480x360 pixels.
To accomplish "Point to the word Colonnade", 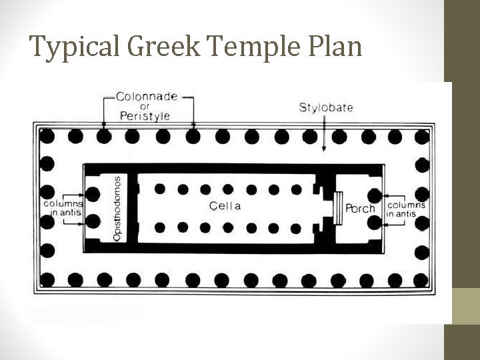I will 147,95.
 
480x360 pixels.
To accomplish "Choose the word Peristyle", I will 145,115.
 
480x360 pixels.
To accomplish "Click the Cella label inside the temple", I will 225,206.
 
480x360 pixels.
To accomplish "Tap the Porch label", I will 360,208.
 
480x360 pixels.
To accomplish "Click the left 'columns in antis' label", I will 63,207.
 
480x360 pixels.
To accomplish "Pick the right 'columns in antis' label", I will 406,209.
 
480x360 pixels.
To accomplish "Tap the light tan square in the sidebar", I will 462,305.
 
